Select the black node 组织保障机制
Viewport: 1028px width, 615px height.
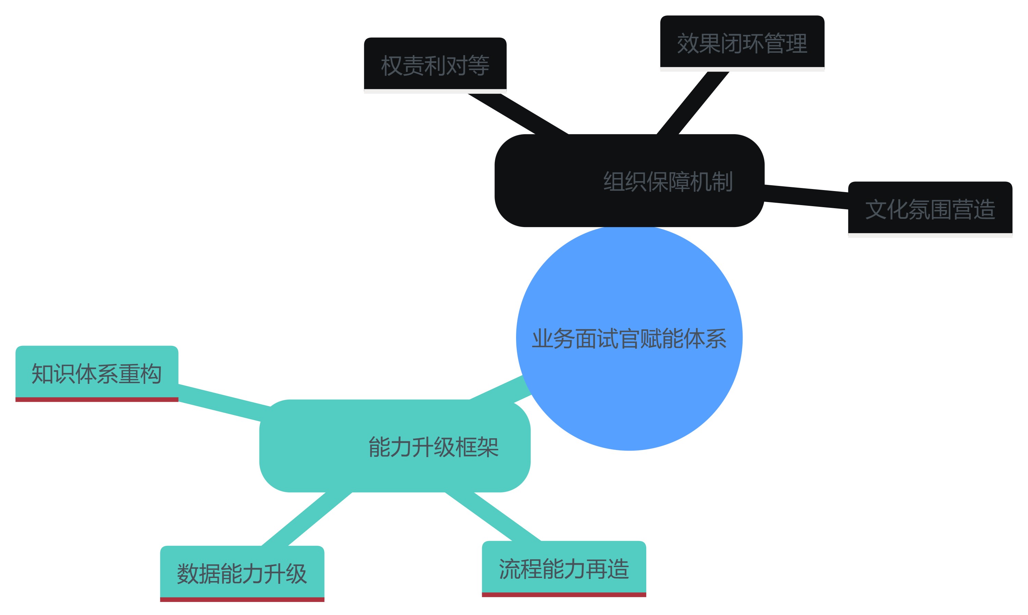[629, 181]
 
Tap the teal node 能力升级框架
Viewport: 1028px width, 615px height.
[394, 446]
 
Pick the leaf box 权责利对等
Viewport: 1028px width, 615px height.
[435, 64]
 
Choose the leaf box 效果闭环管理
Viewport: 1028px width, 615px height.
[742, 42]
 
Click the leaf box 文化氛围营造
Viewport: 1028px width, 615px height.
[930, 208]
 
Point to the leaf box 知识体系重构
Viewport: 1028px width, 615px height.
[97, 372]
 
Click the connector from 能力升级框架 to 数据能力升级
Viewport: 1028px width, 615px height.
[307, 519]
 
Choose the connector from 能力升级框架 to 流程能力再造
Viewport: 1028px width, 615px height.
[493, 516]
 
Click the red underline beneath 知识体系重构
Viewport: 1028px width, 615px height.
[97, 400]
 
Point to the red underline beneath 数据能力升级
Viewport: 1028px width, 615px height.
[242, 599]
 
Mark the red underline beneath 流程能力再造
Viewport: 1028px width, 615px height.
[564, 595]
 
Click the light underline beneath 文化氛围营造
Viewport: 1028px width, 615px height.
[930, 235]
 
